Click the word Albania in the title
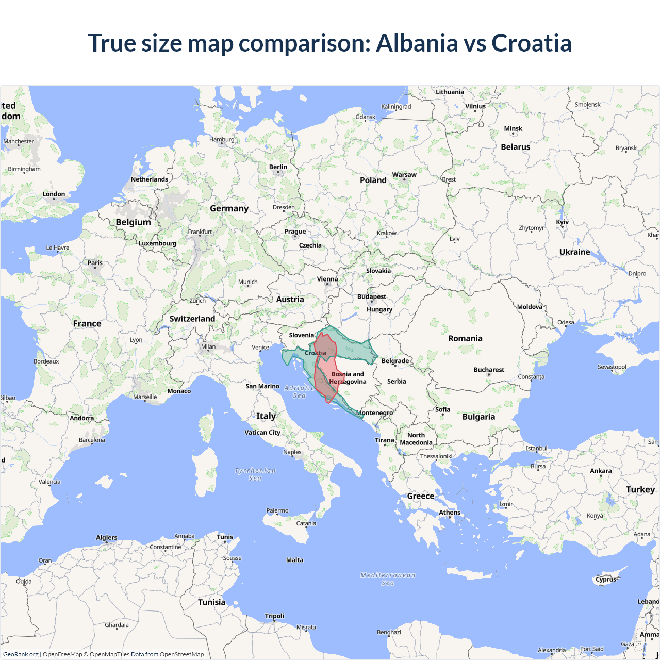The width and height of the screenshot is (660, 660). [x=417, y=43]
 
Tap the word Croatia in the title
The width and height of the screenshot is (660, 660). [x=532, y=43]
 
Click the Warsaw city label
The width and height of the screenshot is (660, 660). [x=404, y=175]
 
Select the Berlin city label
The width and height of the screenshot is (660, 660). [x=278, y=167]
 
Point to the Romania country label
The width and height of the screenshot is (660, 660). [x=465, y=338]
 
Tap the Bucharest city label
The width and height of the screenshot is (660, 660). [x=489, y=370]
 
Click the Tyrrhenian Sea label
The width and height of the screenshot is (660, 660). [x=255, y=474]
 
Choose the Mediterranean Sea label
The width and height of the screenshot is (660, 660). [x=388, y=579]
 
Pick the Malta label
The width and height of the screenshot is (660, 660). [x=294, y=560]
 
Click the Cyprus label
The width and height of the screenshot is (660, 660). [x=606, y=579]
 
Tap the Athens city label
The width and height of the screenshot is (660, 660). [x=450, y=513]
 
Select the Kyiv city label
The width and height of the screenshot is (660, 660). [x=562, y=222]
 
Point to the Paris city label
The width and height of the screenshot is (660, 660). [x=95, y=263]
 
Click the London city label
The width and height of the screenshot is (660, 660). [x=54, y=194]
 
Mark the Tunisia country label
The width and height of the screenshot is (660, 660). [x=211, y=602]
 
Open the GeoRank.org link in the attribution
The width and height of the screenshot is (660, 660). [x=21, y=654]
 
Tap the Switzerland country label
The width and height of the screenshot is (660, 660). [x=192, y=319]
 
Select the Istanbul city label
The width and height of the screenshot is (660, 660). [x=536, y=448]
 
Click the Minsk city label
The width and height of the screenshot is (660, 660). [x=513, y=129]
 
